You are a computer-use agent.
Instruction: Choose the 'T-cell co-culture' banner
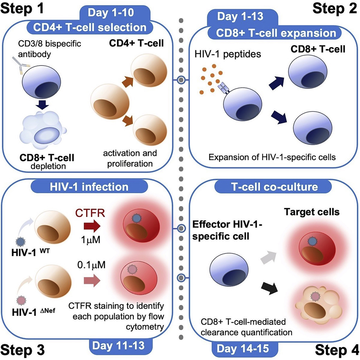pos(271,187)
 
